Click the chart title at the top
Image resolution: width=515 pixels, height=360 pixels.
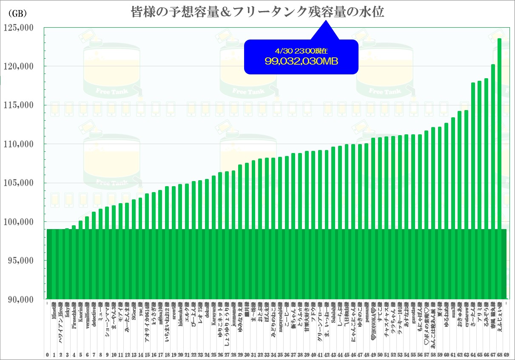pos(257,11)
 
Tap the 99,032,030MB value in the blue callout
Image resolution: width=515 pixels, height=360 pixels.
pos(301,61)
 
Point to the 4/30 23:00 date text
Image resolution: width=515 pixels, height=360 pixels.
pos(301,51)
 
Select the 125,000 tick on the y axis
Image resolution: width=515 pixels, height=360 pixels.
pos(18,28)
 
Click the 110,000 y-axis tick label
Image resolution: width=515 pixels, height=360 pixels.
pos(18,144)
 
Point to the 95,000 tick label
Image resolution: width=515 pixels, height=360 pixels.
pos(20,261)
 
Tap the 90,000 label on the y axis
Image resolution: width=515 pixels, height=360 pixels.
pos(20,299)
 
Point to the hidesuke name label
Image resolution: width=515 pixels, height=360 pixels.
pos(180,318)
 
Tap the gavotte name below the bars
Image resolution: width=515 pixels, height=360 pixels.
pos(413,316)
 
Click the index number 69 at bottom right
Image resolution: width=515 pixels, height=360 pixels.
pos(506,354)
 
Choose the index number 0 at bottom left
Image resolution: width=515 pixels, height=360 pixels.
pos(48,354)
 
